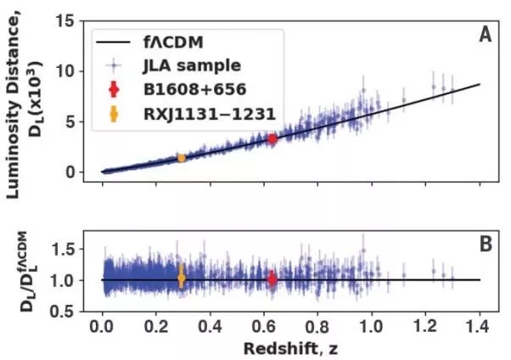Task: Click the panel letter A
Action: click(486, 35)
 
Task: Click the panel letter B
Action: click(486, 245)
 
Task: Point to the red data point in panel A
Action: click(272, 138)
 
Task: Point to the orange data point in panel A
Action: click(181, 158)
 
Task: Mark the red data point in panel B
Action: click(272, 278)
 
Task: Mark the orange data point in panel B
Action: click(181, 278)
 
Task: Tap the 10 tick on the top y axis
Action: click(76, 71)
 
